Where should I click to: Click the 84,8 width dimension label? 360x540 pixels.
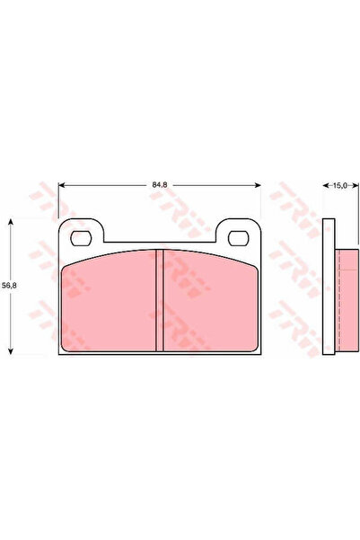160,185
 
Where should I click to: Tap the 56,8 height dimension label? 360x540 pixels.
10,285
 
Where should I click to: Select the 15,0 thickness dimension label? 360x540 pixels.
339,186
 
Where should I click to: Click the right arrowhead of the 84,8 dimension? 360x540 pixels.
259,186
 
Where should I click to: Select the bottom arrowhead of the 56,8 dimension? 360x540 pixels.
10,350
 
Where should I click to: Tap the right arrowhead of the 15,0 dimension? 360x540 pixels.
353,186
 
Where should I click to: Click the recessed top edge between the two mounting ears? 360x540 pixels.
160,243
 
